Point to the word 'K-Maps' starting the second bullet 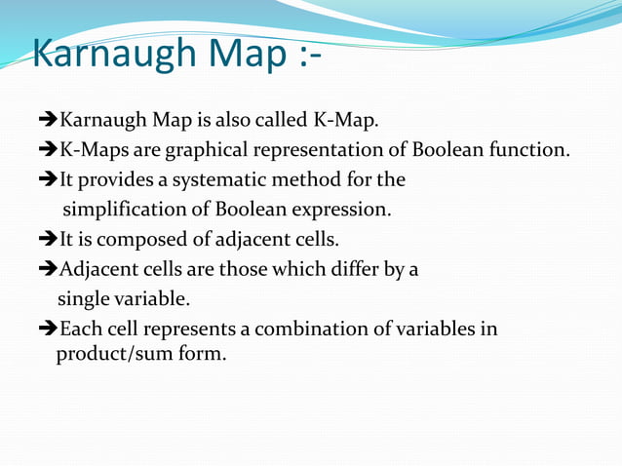tap(89, 151)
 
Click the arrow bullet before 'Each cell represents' tap(49, 329)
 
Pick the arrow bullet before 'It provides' tap(49, 180)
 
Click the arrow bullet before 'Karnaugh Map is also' tap(49, 121)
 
